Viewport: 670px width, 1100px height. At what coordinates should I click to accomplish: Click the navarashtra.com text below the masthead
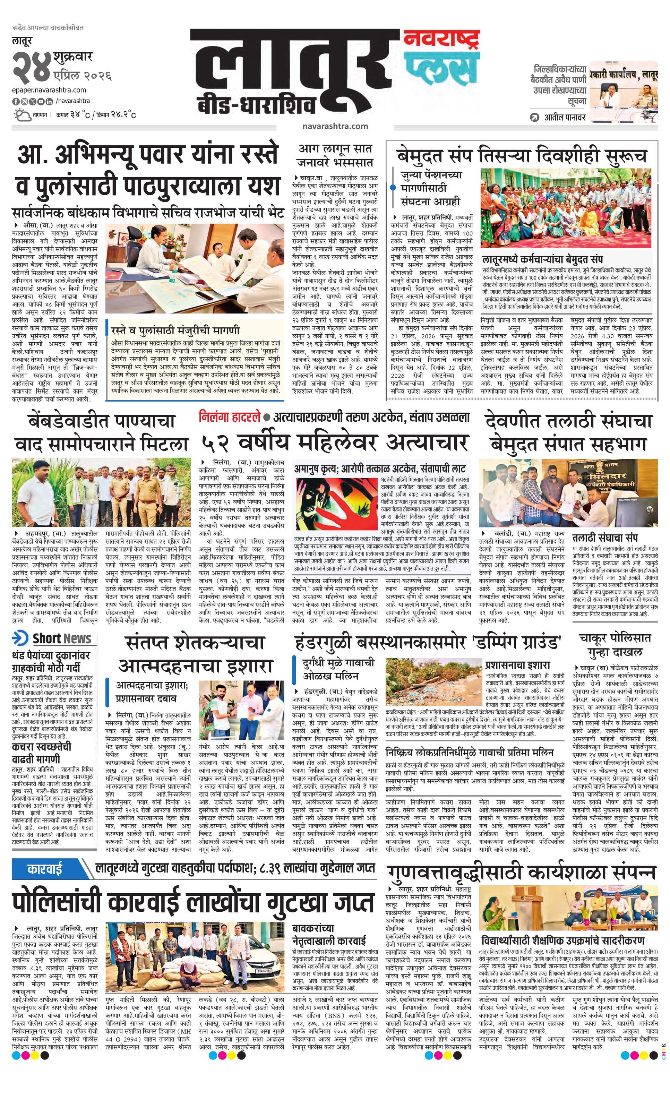click(x=335, y=126)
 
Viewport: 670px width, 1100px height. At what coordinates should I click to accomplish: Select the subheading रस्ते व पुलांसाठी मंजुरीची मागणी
click(x=175, y=330)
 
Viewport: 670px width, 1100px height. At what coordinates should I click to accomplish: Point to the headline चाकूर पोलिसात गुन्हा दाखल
click(x=615, y=645)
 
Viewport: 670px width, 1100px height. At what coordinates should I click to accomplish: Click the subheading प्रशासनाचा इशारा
click(x=518, y=665)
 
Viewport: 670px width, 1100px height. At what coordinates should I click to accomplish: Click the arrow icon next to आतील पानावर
click(x=534, y=118)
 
